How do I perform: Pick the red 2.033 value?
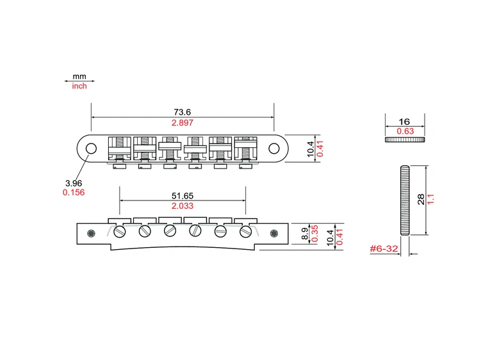click(x=183, y=206)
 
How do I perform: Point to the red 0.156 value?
click(x=73, y=192)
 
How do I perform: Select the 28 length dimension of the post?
click(x=420, y=200)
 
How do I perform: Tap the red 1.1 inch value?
click(x=431, y=200)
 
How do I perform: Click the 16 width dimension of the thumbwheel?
click(x=404, y=121)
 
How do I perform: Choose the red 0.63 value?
click(x=404, y=131)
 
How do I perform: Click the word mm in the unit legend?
click(x=79, y=76)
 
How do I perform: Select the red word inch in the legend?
click(x=79, y=86)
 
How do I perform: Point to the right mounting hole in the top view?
click(x=274, y=149)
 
